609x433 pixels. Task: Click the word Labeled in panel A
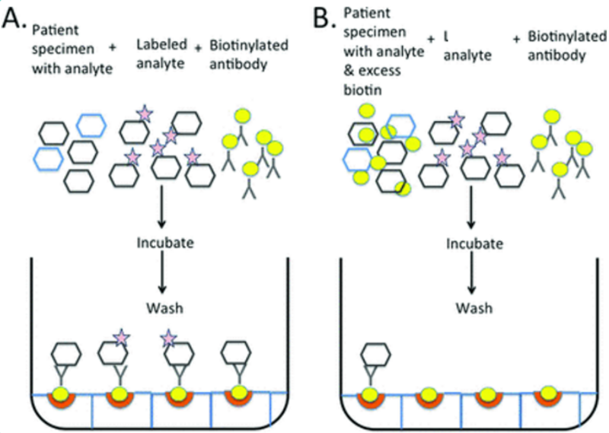pos(157,47)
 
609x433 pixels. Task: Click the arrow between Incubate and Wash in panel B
pos(472,279)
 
